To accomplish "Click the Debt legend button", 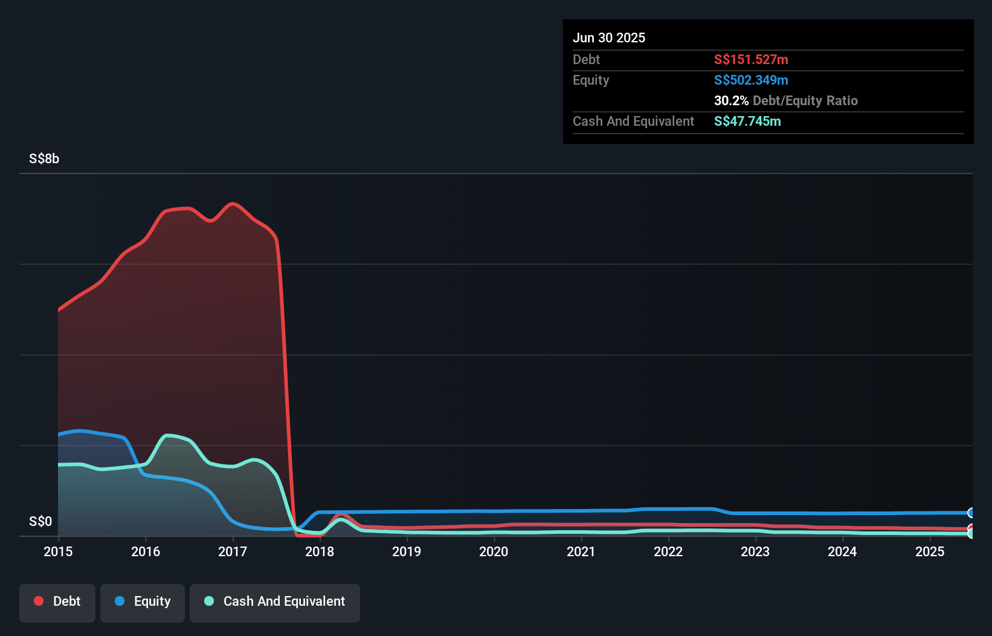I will pyautogui.click(x=57, y=602).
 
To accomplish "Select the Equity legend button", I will pyautogui.click(x=143, y=602).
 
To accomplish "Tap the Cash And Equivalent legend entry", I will pyautogui.click(x=275, y=602).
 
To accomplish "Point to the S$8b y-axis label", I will pyautogui.click(x=44, y=159).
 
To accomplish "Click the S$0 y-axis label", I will pyautogui.click(x=40, y=521).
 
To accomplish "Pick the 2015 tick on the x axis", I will pyautogui.click(x=58, y=551).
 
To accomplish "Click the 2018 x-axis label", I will pyautogui.click(x=320, y=551).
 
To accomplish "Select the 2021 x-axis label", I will pyautogui.click(x=581, y=551).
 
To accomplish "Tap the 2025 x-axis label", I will pyautogui.click(x=929, y=551).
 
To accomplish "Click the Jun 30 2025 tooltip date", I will pyautogui.click(x=608, y=37).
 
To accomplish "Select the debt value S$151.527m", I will pyautogui.click(x=751, y=59).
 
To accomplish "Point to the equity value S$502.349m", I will pyautogui.click(x=751, y=80).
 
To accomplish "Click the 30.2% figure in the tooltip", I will pyautogui.click(x=731, y=100).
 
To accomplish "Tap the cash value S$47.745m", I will pyautogui.click(x=747, y=121).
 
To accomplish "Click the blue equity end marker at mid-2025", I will pyautogui.click(x=971, y=513).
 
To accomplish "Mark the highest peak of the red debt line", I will pyautogui.click(x=233, y=204).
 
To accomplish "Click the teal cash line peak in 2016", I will pyautogui.click(x=167, y=435).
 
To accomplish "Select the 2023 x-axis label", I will pyautogui.click(x=755, y=551).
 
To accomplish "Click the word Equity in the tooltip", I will pyautogui.click(x=591, y=80).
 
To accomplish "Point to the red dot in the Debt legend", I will pyautogui.click(x=39, y=601).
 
